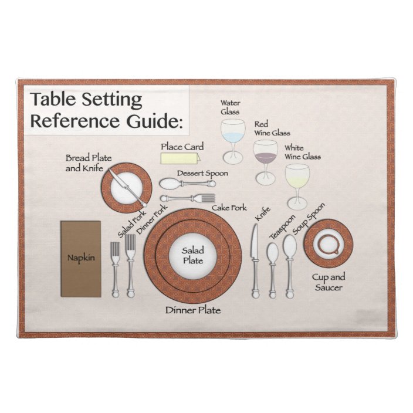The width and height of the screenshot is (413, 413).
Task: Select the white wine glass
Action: click(297, 182)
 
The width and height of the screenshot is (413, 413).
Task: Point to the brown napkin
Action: click(81, 258)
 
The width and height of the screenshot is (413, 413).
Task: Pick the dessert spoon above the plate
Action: click(184, 184)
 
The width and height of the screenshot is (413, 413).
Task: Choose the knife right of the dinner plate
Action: click(255, 258)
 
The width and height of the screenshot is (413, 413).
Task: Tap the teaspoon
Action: click(272, 267)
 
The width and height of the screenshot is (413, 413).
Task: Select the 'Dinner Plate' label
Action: click(192, 310)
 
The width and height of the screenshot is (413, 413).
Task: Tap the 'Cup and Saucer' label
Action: click(328, 282)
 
